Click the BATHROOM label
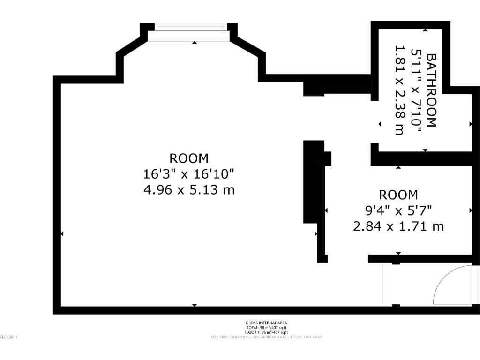pos(431,90)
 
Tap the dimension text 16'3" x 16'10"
pos(189,174)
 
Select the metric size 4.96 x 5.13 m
pos(189,190)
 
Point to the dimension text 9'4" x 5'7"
pos(398,210)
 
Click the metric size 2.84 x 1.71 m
pos(398,226)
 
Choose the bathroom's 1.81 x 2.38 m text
pos(399,90)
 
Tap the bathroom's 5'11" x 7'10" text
pos(415,90)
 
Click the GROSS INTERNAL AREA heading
pos(266,323)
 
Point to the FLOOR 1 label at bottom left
pos(9,337)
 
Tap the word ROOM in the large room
pos(189,158)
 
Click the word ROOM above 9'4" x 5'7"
pos(398,195)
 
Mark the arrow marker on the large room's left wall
pos(62,233)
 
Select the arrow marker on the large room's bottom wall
pos(195,305)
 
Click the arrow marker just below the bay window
pos(195,43)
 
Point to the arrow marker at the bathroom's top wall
pos(425,30)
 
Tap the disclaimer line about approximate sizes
pos(266,337)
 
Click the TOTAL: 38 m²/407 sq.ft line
pos(266,328)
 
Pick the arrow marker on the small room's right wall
pos(471,210)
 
